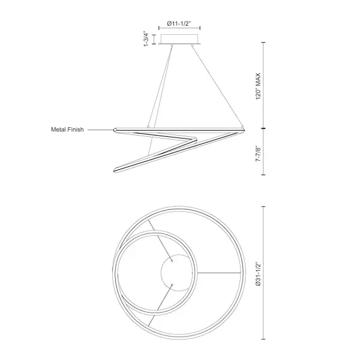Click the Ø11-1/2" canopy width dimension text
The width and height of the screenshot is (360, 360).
(x=179, y=23)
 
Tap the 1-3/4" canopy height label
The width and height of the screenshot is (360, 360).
(x=146, y=38)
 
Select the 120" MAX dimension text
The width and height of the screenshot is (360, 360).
(x=258, y=86)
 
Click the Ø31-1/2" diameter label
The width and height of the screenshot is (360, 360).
(x=258, y=274)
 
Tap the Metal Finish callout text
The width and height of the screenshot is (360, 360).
(x=67, y=130)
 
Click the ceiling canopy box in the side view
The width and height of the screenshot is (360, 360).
(x=179, y=39)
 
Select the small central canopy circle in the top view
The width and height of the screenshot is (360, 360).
(x=177, y=272)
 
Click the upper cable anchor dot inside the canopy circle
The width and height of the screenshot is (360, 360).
(x=172, y=260)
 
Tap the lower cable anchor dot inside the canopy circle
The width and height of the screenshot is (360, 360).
(x=172, y=285)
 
